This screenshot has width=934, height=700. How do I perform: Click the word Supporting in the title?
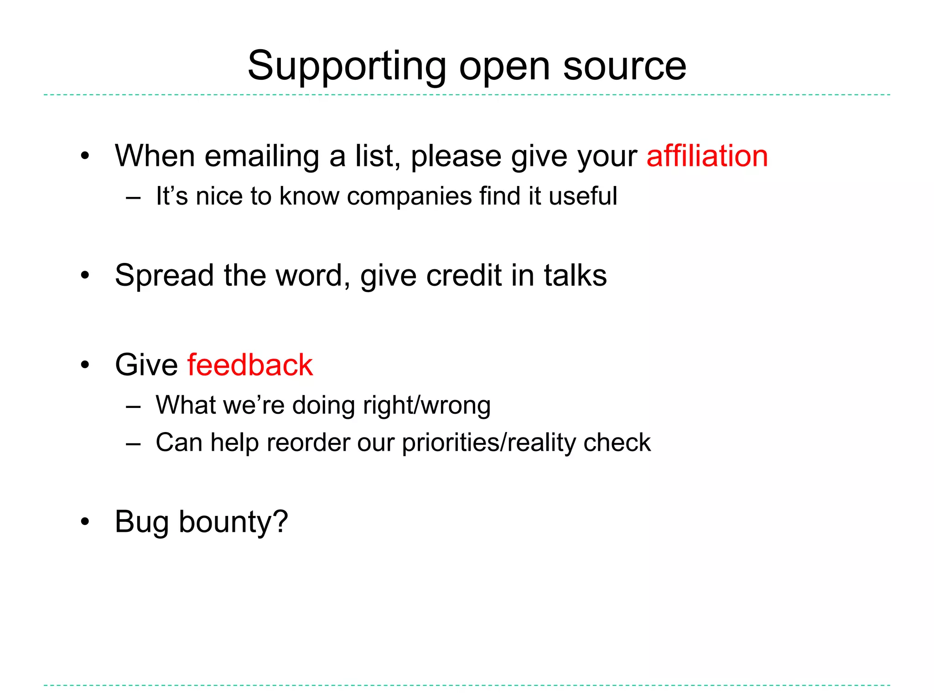coord(347,67)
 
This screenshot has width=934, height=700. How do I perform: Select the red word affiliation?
coord(707,156)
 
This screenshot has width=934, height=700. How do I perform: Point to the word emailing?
coord(262,157)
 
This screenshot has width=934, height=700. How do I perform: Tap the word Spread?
coord(164,276)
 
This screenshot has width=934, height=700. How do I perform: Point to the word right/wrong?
coord(427,405)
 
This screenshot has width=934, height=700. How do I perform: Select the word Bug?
coord(142,522)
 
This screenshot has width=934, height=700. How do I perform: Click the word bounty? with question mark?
coord(233,522)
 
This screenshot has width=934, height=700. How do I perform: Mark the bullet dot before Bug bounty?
coord(85,522)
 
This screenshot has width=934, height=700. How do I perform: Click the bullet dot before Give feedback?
coord(85,365)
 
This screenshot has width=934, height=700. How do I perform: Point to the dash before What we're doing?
coord(133,406)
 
